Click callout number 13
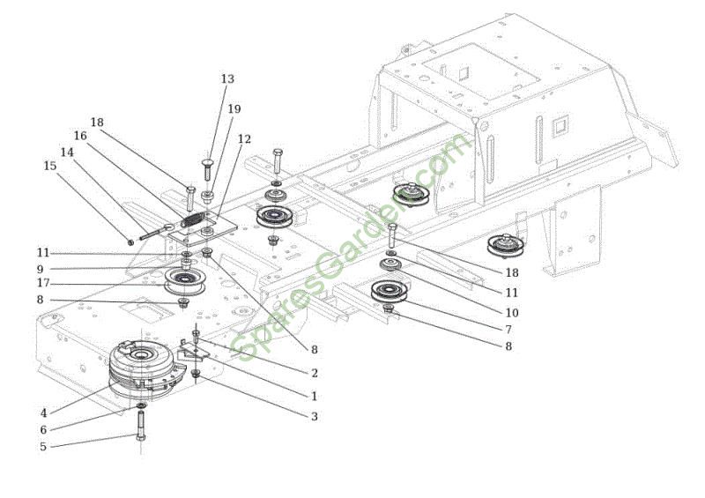[x=227, y=79]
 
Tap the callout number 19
[x=234, y=109]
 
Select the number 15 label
[x=49, y=165]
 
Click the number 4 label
[x=43, y=412]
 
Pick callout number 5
[x=43, y=447]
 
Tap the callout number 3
[x=315, y=415]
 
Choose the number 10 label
[x=512, y=312]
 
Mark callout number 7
[x=508, y=329]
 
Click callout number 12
[x=244, y=139]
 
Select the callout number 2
[x=315, y=373]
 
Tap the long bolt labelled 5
[x=139, y=435]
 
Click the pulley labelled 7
[x=389, y=291]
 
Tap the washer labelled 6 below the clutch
[x=141, y=406]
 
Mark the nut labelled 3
[x=196, y=375]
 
